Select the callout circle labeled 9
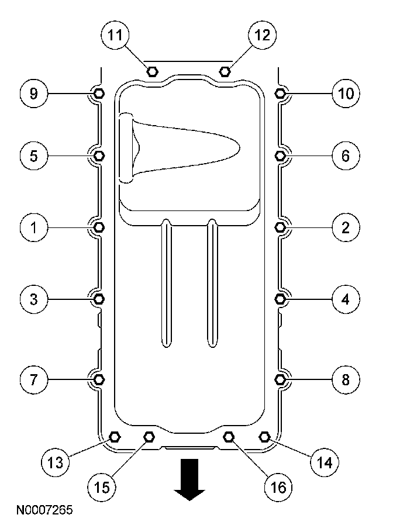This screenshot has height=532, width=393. tap(34, 94)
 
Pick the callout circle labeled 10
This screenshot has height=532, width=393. tap(346, 94)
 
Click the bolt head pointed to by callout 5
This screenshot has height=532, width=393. tap(99, 156)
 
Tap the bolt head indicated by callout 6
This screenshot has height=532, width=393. tap(280, 156)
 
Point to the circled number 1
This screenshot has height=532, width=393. tap(34, 227)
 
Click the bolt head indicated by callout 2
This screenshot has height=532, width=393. tap(280, 227)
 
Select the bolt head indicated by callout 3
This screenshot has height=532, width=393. tap(99, 299)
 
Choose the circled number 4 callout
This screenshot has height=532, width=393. tap(346, 299)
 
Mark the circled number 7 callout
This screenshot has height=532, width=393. tap(34, 379)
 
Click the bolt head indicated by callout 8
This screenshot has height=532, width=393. tap(280, 379)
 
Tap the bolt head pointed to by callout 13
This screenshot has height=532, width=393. tap(115, 436)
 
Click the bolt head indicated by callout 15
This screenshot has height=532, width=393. tap(149, 436)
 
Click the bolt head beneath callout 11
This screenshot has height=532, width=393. tap(152, 71)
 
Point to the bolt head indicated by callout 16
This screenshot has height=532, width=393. tap(229, 436)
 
